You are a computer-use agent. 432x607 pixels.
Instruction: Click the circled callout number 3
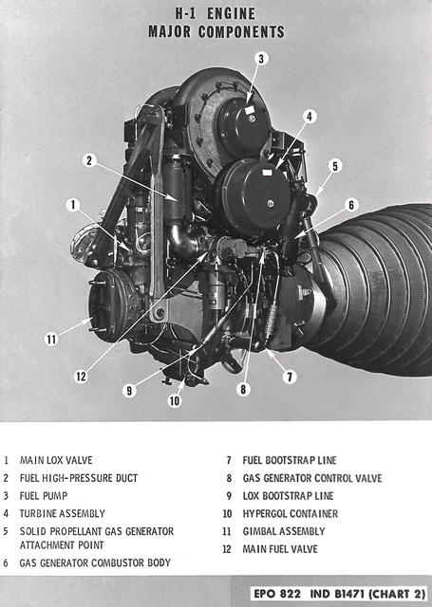pos(261,59)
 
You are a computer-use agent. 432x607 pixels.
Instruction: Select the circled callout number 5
pos(335,165)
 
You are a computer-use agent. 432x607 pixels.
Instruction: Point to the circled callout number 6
pos(351,204)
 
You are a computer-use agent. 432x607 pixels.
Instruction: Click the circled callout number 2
pos(88,160)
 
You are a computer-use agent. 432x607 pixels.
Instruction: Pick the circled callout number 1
pos(72,204)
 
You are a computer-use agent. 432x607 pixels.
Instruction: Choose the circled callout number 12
pos(81,377)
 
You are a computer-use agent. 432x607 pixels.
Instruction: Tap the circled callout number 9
pos(128,389)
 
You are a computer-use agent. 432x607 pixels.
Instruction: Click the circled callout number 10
pos(175,401)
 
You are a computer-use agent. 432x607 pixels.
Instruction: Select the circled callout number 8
pos(244,388)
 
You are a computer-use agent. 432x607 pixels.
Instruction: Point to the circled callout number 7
pos(291,377)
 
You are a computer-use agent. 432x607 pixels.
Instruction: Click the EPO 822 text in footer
pos(278,593)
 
